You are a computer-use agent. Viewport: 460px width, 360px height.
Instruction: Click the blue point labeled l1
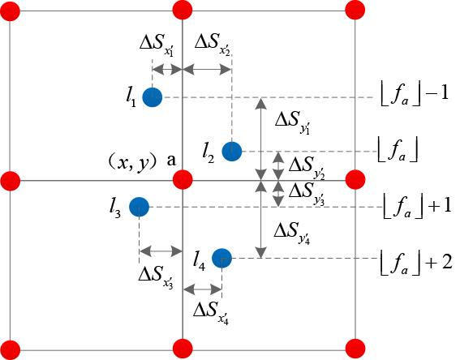click(153, 97)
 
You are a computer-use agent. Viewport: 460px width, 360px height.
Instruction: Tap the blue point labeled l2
click(232, 152)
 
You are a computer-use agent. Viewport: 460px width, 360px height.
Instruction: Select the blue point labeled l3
click(139, 207)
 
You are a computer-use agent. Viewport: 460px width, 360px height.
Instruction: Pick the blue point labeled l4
click(222, 259)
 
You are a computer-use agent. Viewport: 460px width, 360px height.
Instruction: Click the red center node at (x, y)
click(183, 180)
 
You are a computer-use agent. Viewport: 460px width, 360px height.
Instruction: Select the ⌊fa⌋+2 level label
click(416, 264)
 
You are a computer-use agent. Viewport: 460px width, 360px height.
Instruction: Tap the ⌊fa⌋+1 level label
click(417, 207)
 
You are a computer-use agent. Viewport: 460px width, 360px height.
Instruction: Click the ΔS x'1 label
click(157, 45)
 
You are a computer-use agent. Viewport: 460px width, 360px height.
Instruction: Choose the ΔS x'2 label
click(213, 44)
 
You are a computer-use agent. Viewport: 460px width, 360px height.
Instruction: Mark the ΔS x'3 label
click(156, 277)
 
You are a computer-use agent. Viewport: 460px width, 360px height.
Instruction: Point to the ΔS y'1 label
click(293, 122)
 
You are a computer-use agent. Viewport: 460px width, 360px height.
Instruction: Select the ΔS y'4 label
click(292, 234)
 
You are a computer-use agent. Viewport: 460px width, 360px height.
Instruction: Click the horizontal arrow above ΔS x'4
click(203, 289)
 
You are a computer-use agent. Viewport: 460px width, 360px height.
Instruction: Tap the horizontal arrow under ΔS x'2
click(207, 70)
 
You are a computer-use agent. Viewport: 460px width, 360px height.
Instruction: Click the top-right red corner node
click(355, 11)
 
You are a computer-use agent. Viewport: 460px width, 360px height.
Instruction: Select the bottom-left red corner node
click(11, 349)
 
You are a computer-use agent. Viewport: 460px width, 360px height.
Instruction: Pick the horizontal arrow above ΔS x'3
click(161, 251)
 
